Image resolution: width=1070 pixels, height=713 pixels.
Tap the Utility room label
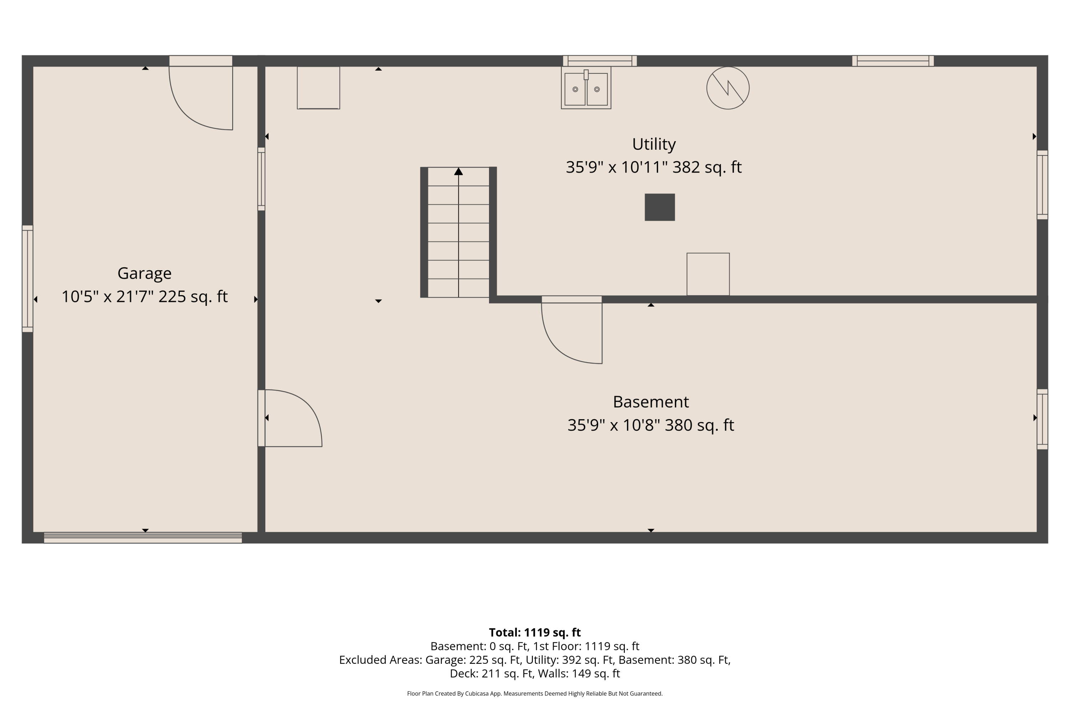click(x=654, y=144)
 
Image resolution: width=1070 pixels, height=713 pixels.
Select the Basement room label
click(x=651, y=402)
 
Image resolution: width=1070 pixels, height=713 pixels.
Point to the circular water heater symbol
click(x=728, y=88)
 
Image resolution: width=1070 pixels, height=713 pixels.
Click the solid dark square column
click(x=659, y=207)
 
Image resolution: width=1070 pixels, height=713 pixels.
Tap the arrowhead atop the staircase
click(x=459, y=171)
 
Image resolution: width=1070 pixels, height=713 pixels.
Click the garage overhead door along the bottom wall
click(x=143, y=538)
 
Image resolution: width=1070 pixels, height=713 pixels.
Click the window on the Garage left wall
click(x=27, y=279)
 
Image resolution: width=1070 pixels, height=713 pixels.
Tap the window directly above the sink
click(x=600, y=61)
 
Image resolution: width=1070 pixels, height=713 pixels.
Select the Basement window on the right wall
click(x=1042, y=419)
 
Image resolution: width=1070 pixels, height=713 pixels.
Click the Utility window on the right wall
click(x=1042, y=185)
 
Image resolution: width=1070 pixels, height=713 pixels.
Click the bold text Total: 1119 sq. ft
click(x=535, y=632)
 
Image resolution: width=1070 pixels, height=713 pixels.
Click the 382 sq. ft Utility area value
click(x=707, y=167)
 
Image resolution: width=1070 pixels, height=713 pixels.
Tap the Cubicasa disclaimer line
click(x=535, y=693)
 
